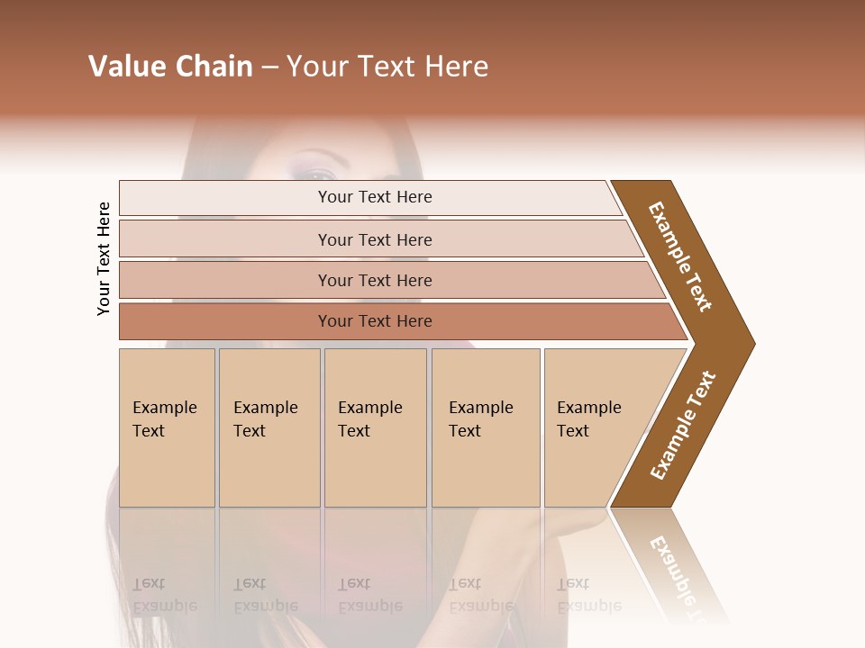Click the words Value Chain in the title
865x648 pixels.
(170, 67)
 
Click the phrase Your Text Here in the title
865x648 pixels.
(387, 67)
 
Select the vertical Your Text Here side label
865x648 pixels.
(104, 258)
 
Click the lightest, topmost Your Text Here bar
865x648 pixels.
(375, 197)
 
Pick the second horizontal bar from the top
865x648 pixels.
(375, 239)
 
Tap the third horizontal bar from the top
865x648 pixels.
(375, 280)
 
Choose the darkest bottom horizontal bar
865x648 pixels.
(375, 321)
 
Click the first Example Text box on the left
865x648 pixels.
(167, 427)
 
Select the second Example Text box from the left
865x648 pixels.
(269, 427)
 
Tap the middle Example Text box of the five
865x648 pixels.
(375, 427)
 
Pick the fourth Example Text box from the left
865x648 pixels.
(485, 427)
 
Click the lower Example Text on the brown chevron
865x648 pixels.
(683, 426)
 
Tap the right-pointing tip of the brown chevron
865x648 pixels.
(750, 343)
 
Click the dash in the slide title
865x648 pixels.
(269, 67)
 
